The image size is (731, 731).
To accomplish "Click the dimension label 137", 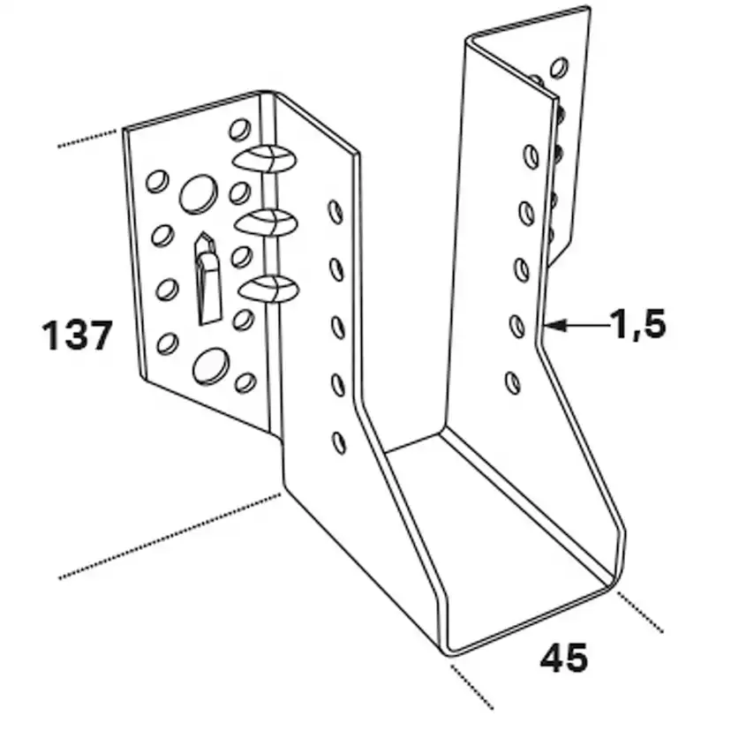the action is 78,335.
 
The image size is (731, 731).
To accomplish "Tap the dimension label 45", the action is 563,658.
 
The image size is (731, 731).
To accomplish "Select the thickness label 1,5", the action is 638,323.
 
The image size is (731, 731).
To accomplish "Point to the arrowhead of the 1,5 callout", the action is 554,325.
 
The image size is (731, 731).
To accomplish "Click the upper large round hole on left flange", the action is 199,194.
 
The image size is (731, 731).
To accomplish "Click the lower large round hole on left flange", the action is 211,366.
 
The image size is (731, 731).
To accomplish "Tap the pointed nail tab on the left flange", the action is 207,278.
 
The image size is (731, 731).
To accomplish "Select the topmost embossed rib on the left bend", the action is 264,159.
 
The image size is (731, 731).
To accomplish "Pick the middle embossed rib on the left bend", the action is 267,222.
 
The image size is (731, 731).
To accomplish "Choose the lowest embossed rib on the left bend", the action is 268,289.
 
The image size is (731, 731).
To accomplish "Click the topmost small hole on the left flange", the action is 239,129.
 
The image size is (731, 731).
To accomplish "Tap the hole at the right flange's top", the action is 559,68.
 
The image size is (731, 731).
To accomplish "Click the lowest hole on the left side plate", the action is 339,442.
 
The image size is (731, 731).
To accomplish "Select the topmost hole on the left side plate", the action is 335,212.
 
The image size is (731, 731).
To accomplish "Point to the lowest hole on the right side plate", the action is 513,383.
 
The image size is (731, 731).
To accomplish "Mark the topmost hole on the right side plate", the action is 531,156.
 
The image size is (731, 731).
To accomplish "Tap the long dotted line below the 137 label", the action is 170,536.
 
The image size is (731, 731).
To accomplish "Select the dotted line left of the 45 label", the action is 472,687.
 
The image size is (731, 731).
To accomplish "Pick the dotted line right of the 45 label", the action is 640,612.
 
